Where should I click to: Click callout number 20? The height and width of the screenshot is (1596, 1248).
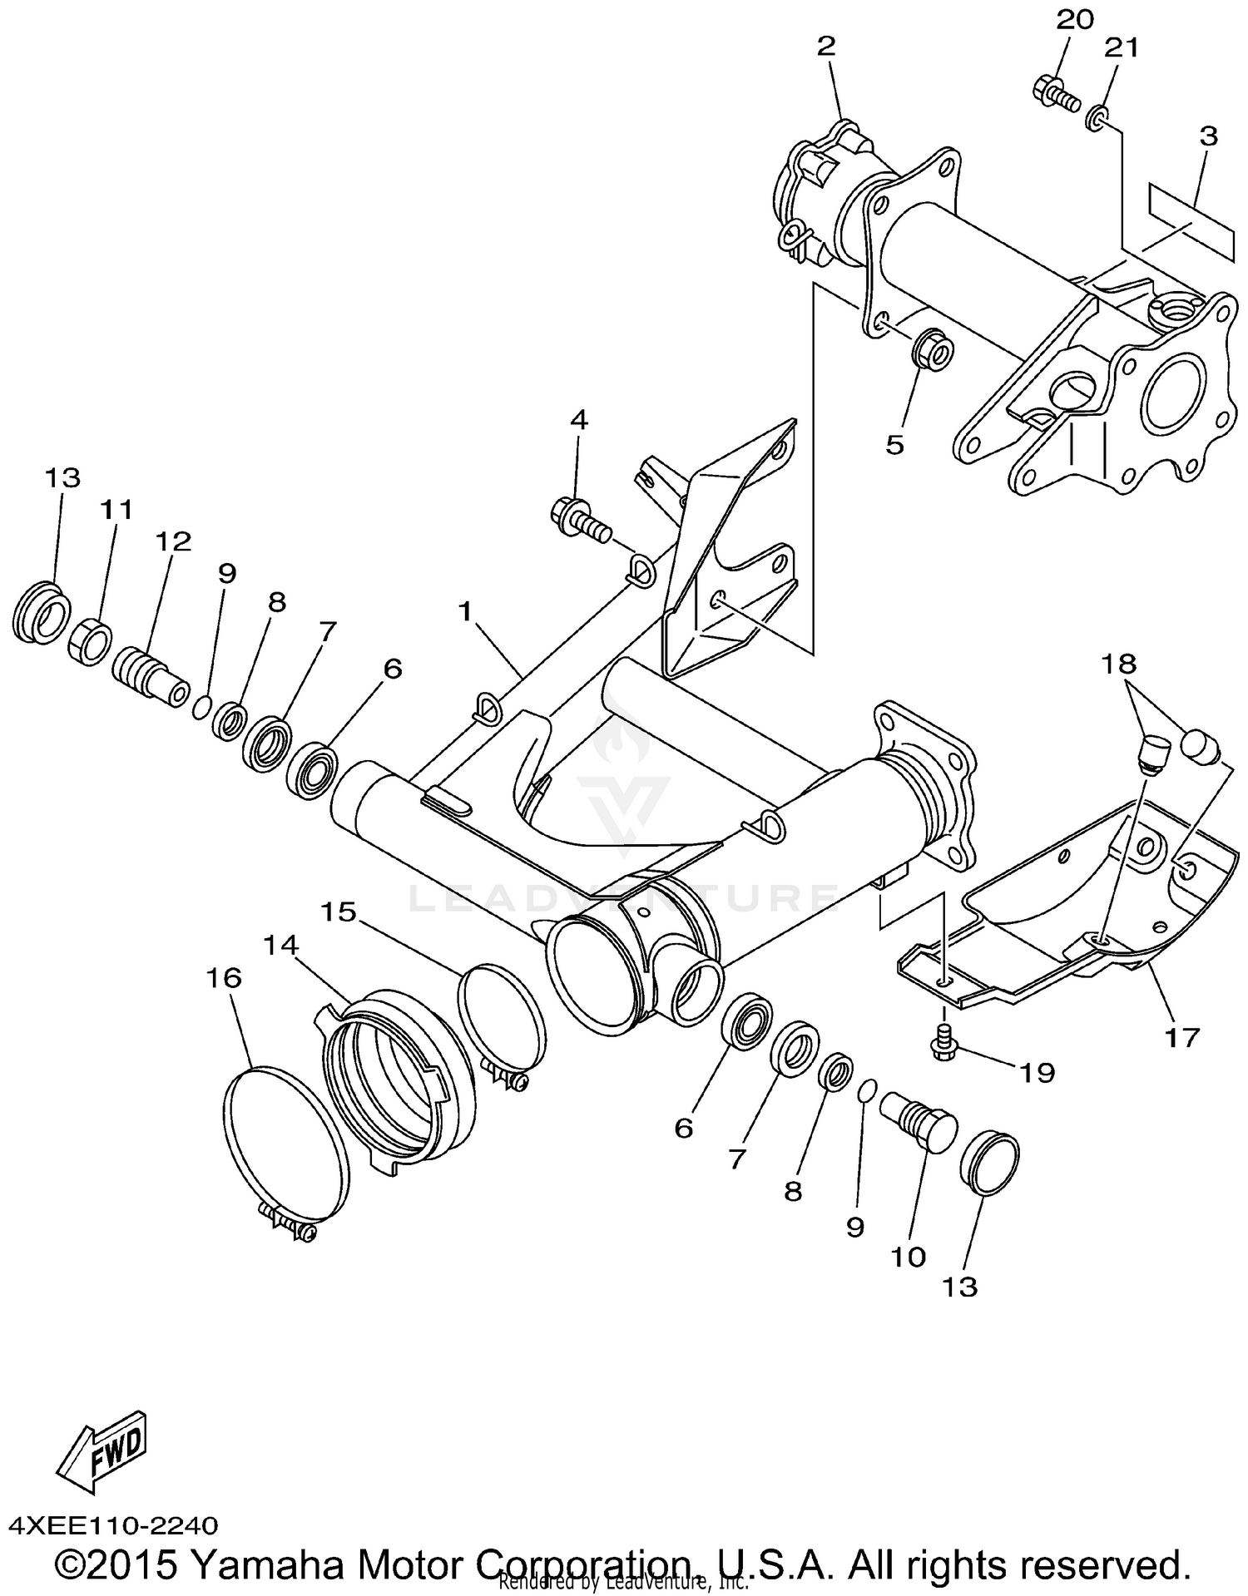tap(1074, 20)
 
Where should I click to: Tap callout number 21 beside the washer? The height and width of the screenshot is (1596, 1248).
tap(1120, 48)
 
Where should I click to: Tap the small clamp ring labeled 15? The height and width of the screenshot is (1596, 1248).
tap(502, 1015)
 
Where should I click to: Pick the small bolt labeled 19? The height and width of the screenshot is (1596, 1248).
tap(944, 1040)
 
